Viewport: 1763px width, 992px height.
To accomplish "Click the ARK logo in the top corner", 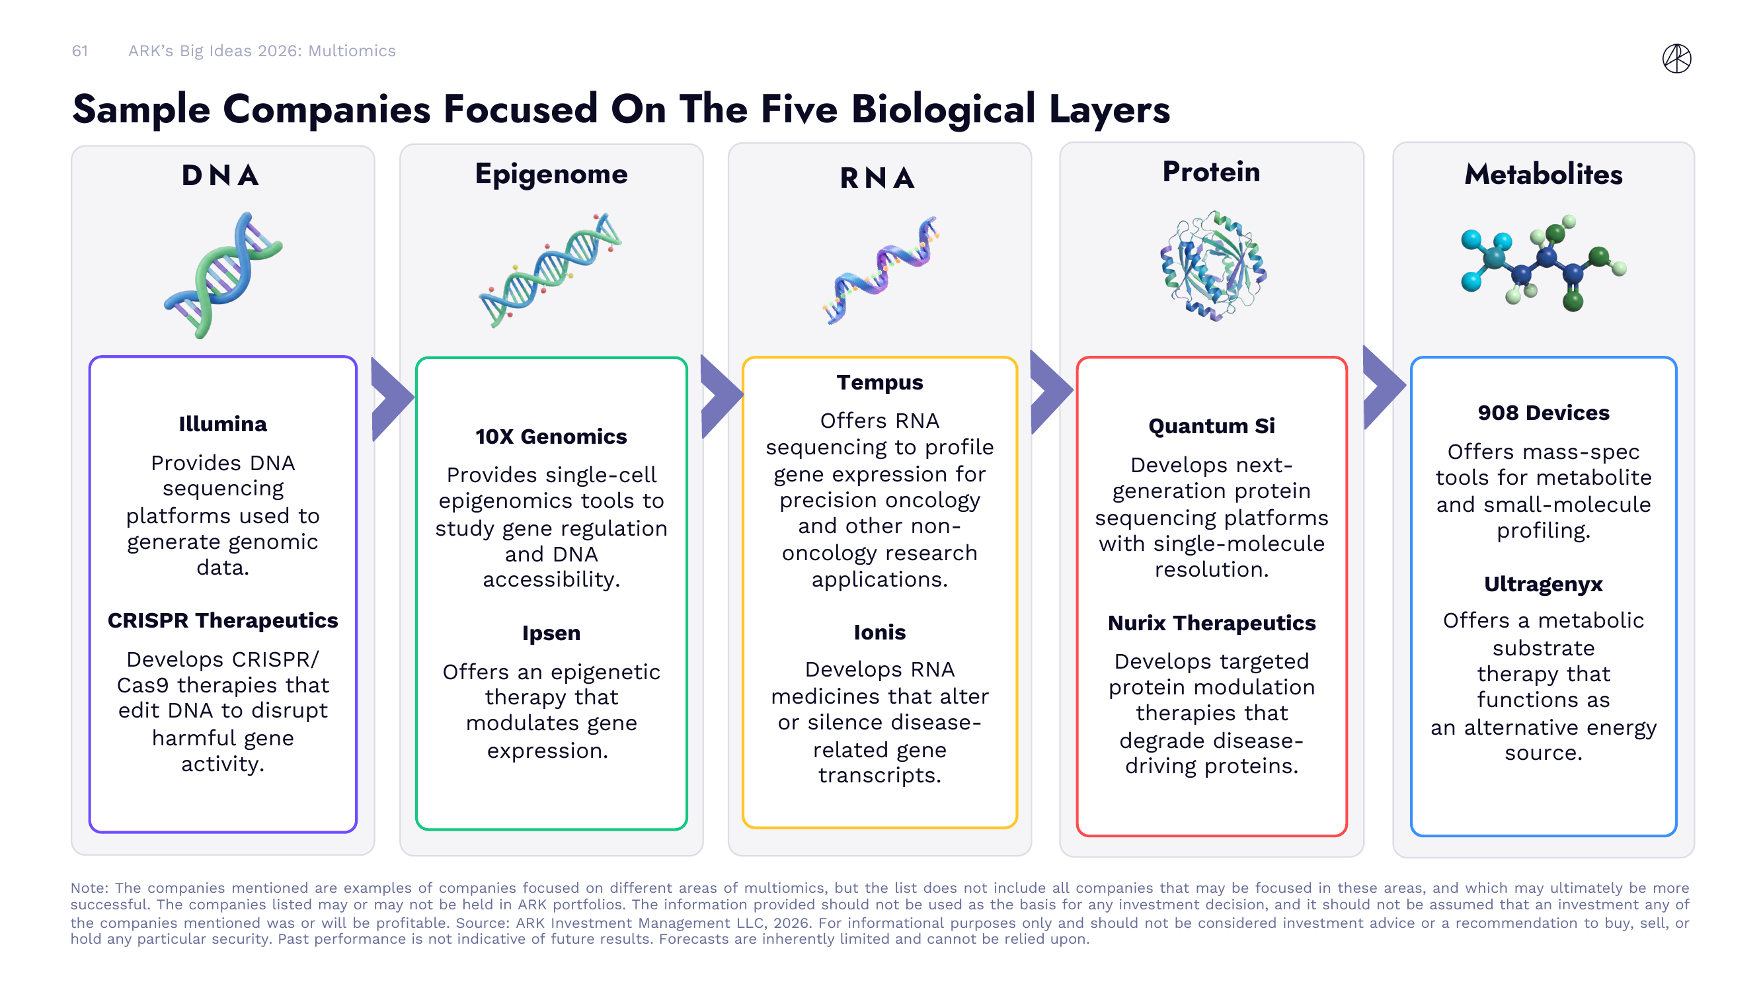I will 1676,58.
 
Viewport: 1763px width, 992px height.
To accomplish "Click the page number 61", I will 80,51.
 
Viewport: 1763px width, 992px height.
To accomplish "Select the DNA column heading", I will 220,175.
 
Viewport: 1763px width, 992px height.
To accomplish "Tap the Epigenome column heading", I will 551,174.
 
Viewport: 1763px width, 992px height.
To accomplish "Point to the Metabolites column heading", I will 1543,174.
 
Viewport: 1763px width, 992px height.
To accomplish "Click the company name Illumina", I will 222,424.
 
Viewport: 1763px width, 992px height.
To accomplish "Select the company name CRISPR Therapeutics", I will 222,620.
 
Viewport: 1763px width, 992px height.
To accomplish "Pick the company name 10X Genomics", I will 551,436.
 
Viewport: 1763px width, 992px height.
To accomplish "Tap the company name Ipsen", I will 551,633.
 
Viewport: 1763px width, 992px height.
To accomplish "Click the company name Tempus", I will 879,382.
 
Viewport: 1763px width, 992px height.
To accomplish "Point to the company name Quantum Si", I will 1212,426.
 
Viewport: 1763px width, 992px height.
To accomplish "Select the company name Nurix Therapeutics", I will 1212,623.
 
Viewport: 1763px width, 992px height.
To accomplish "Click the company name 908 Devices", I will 1543,413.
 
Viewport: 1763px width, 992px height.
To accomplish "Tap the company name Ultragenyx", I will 1543,584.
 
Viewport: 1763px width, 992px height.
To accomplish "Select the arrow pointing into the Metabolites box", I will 1381,388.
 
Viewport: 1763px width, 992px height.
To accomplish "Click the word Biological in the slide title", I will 943,110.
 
